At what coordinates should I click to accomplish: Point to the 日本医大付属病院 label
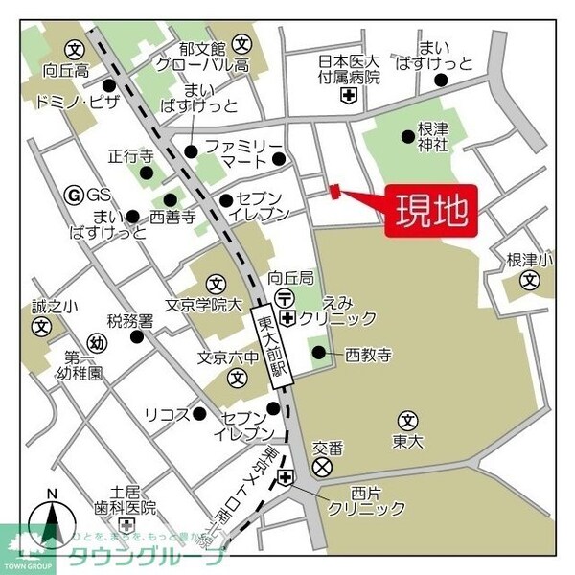coord(350,70)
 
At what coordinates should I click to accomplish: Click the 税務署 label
coord(130,321)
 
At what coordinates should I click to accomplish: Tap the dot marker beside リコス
coord(199,414)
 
